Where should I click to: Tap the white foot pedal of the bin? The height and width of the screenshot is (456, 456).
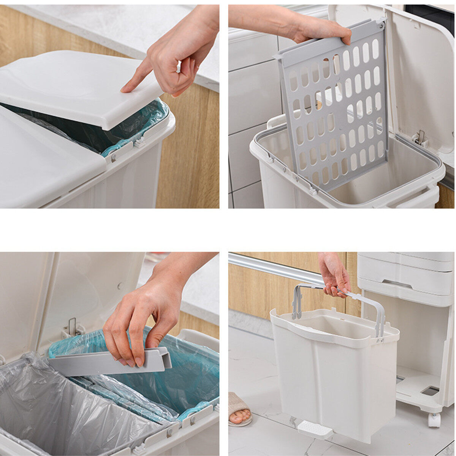tap(315, 430)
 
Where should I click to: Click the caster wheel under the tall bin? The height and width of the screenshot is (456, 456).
tap(434, 420)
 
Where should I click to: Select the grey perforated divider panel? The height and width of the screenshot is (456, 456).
tap(334, 114)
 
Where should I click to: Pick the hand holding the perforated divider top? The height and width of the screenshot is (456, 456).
tap(323, 28)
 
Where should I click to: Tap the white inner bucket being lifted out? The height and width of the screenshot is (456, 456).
tap(334, 372)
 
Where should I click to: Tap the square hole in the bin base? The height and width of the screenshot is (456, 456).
tap(430, 391)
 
